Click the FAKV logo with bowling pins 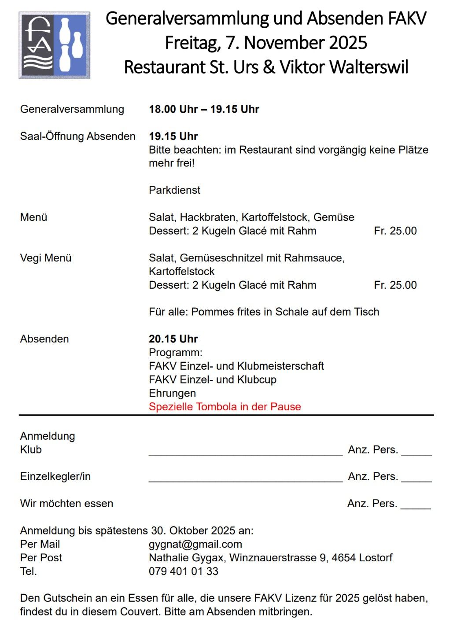55,45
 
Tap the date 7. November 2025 296,43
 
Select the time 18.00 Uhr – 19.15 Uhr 204,109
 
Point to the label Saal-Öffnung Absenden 77,136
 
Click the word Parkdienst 174,190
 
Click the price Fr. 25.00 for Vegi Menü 395,285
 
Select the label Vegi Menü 46,258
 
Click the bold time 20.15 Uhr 173,339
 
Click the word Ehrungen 172,393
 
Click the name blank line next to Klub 245,453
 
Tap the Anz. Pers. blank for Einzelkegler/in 416,479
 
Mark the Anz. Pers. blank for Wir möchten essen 415,507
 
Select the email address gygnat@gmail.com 195,545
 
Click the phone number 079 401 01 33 184,571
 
